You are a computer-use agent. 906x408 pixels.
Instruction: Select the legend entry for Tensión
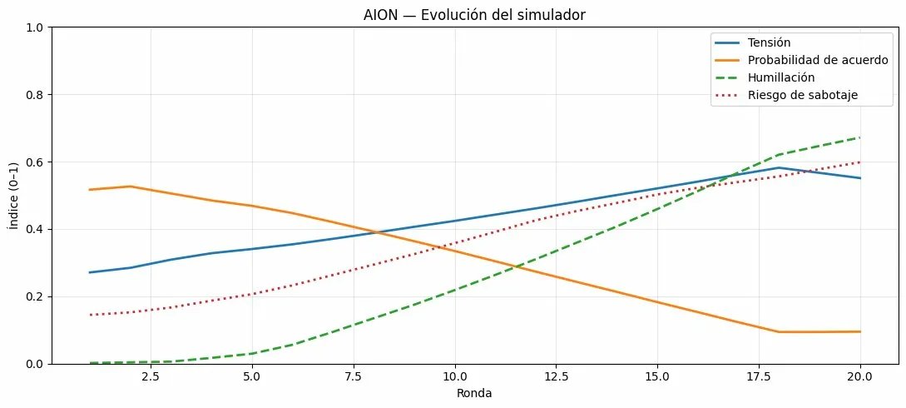[x=768, y=42]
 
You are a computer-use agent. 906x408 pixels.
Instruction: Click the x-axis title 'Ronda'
[x=475, y=393]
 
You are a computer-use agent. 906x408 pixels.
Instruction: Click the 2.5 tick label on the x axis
[x=150, y=376]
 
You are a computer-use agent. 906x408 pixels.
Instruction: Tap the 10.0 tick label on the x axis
[x=454, y=376]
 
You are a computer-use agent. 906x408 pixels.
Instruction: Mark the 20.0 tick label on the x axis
[x=860, y=376]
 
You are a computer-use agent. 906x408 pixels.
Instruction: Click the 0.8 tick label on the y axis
[x=34, y=95]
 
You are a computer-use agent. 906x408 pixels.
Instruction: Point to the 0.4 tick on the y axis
[x=34, y=229]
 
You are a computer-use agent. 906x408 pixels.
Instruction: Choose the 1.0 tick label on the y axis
[x=34, y=27]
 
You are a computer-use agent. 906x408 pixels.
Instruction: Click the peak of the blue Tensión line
[x=779, y=167]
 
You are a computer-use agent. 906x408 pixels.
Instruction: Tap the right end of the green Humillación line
[x=860, y=137]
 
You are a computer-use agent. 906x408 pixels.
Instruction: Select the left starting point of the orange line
[x=90, y=190]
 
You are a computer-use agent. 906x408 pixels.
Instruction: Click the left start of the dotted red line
[x=90, y=315]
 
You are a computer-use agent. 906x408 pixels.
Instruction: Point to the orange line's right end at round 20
[x=860, y=331]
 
